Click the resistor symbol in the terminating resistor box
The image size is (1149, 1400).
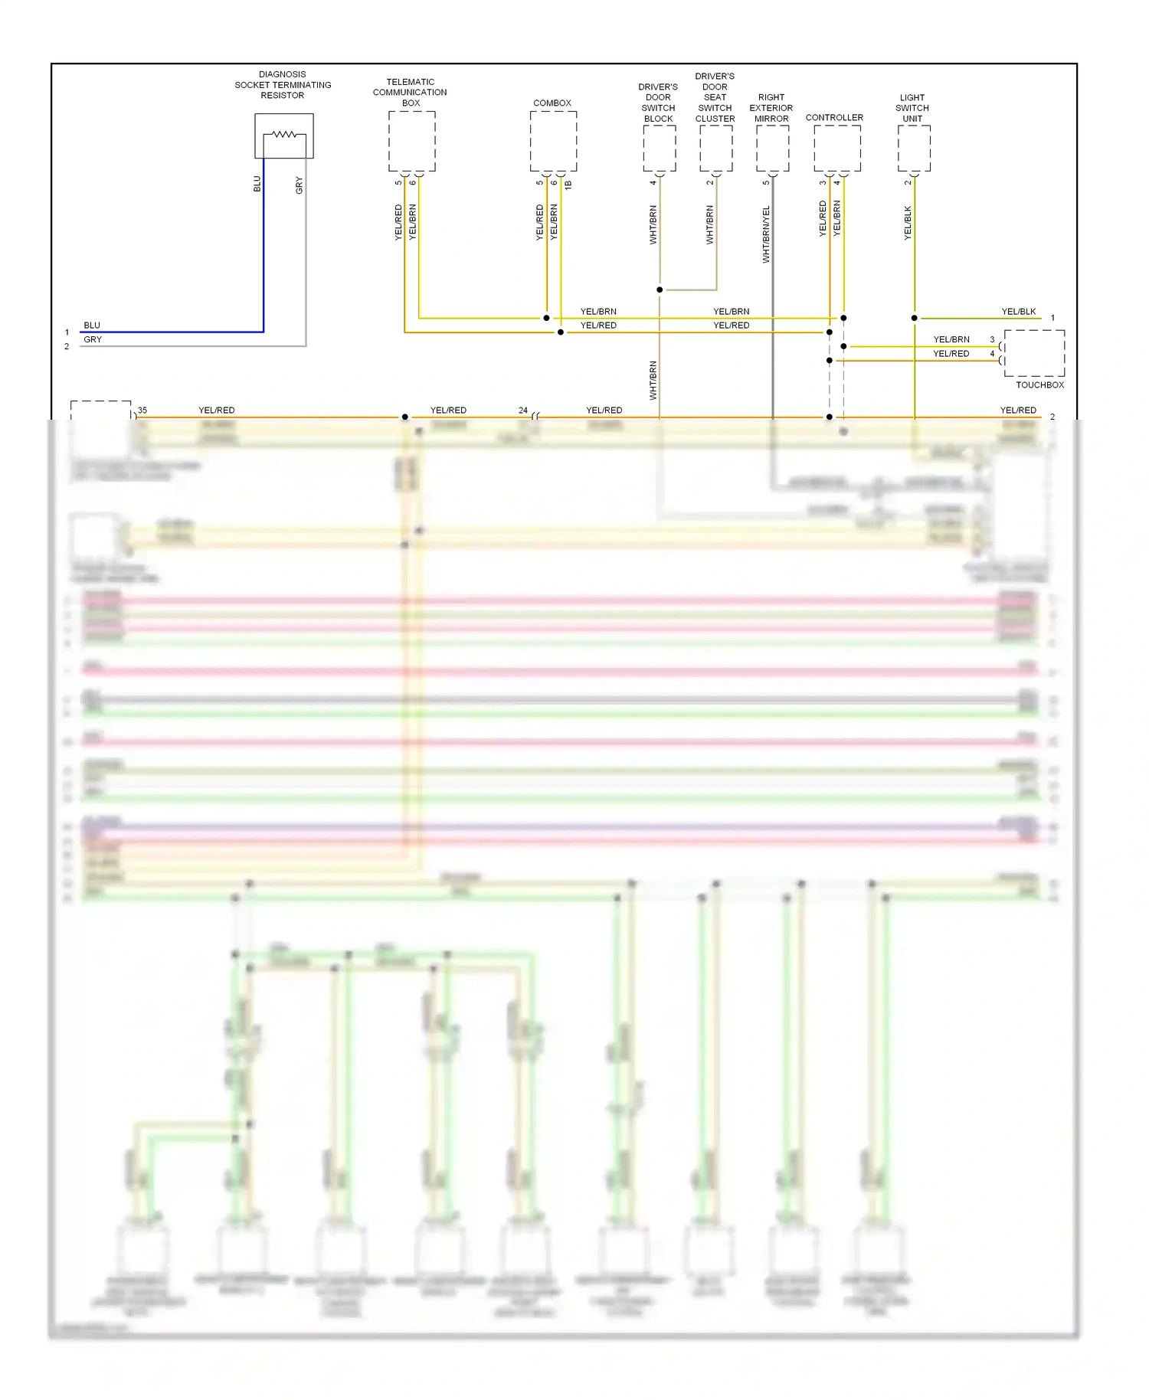(284, 135)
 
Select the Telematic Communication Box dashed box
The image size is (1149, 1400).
(411, 142)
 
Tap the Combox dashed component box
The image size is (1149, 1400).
(553, 142)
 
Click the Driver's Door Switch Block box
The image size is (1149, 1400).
(659, 149)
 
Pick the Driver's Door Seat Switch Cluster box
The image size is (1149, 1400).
(715, 149)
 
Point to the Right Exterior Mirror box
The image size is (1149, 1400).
(772, 149)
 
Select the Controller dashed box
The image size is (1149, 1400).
(836, 149)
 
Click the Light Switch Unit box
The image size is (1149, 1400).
(913, 149)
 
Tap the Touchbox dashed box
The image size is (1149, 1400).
(1034, 353)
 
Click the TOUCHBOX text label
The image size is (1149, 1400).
(1039, 385)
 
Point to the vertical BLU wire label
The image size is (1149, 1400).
(257, 185)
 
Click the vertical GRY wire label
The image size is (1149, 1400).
(300, 185)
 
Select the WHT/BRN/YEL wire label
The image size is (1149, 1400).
(766, 234)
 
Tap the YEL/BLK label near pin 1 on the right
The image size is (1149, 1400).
(1018, 312)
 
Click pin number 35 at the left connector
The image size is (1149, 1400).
(142, 411)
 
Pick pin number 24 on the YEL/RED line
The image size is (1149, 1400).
(522, 411)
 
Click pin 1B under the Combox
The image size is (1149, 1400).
(568, 185)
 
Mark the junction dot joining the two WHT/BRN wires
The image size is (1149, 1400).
(660, 289)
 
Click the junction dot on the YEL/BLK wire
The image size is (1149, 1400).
(914, 318)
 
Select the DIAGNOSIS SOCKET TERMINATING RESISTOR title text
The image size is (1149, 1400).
(283, 85)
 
